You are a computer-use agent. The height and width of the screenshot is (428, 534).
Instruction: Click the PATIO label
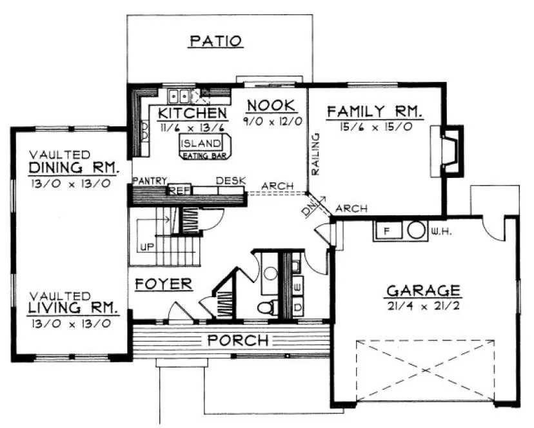point(216,42)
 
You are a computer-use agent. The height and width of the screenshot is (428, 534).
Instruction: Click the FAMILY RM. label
point(375,112)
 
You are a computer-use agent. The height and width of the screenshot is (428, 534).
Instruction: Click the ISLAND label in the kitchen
point(201,144)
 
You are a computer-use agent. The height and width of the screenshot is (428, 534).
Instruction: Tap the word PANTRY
point(150,180)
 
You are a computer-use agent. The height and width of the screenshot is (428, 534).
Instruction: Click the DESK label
point(230,181)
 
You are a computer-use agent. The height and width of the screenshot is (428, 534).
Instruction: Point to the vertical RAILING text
point(316,154)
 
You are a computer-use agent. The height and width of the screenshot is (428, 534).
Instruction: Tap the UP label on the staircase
point(147,246)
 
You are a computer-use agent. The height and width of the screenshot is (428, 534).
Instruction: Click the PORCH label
point(237,340)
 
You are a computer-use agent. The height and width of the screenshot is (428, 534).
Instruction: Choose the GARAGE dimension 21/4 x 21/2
point(422,306)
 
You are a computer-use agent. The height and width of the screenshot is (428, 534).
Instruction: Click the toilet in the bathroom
point(266,306)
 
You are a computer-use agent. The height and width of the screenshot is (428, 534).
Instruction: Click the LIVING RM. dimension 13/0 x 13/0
point(69,322)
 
